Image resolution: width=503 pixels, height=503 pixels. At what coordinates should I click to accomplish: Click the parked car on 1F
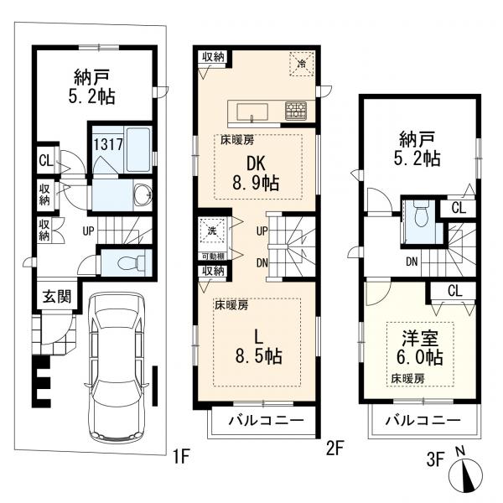click(117, 366)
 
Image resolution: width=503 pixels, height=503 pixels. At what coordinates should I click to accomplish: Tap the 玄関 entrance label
click(57, 297)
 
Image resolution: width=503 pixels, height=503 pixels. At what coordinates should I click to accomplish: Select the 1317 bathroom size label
click(108, 144)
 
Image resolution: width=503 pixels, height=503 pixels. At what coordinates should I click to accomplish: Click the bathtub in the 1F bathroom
click(138, 150)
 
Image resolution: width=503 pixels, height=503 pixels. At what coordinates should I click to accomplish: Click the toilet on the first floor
click(132, 263)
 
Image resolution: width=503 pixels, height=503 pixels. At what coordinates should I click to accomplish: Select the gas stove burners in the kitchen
click(296, 111)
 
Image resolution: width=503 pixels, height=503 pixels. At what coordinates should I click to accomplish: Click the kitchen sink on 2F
click(252, 112)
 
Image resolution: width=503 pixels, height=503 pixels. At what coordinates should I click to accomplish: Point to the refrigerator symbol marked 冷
click(302, 64)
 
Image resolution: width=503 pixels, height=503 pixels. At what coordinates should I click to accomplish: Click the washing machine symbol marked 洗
click(212, 231)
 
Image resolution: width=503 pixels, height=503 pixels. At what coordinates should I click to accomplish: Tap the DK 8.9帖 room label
click(256, 174)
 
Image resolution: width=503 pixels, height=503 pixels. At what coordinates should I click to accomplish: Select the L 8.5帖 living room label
click(258, 347)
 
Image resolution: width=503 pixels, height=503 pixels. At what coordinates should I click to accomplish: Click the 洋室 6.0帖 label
click(420, 349)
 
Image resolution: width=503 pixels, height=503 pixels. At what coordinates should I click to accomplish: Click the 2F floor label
click(335, 449)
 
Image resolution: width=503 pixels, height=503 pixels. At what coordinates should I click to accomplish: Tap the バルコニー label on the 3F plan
click(423, 421)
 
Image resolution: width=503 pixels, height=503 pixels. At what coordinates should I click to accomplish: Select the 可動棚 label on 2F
click(212, 257)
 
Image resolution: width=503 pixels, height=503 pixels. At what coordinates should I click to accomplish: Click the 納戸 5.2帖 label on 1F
click(91, 86)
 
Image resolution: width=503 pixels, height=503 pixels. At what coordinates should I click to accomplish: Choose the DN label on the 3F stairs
click(412, 262)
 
